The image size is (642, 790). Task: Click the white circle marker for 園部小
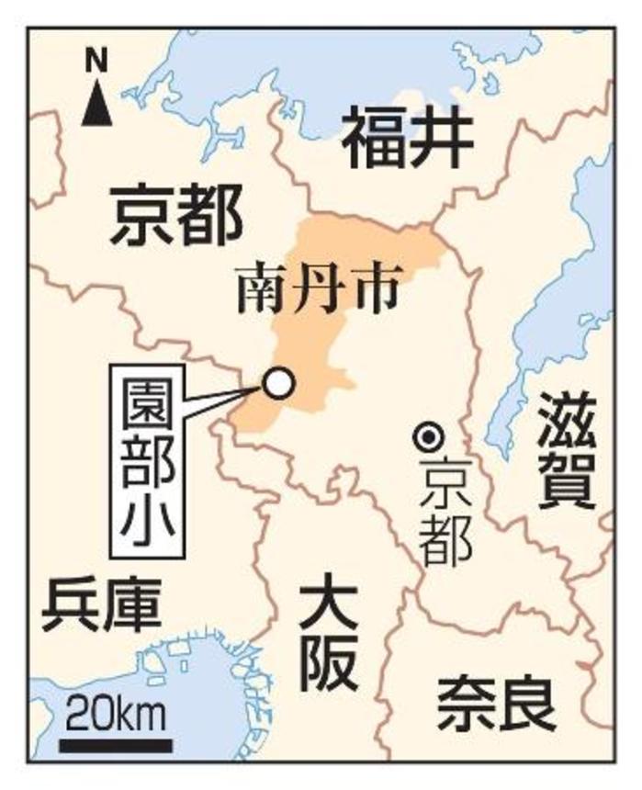click(278, 382)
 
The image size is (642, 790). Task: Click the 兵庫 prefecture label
click(101, 605)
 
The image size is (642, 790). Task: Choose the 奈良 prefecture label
click(496, 703)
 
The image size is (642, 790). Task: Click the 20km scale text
click(115, 709)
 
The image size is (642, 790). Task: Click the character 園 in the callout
click(147, 400)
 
